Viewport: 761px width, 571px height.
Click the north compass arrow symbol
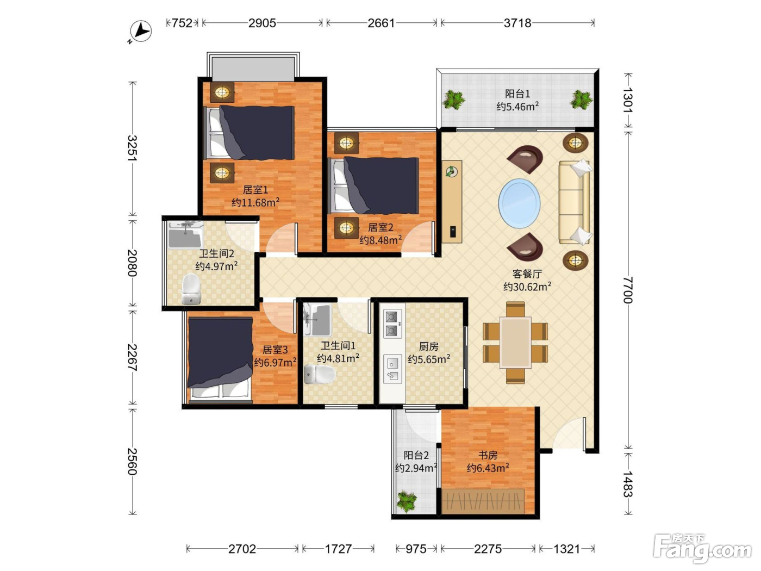coord(141,32)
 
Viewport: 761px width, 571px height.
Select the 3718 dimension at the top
coord(517,23)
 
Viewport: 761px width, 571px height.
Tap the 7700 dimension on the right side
coord(628,290)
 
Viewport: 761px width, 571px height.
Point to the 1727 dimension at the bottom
coord(339,549)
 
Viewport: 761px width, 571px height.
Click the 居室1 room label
coord(255,190)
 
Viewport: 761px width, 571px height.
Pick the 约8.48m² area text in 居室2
coord(380,240)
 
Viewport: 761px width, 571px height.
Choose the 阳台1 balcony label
coord(517,94)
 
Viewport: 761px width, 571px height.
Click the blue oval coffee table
coord(519,203)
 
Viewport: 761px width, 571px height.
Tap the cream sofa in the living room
coord(575,202)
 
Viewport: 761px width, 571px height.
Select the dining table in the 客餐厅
coord(515,343)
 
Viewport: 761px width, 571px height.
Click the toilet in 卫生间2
coord(191,289)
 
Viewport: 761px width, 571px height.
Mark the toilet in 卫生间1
coord(320,375)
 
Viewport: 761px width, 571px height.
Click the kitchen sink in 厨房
coord(392,369)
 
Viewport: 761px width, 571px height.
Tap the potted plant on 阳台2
coord(407,501)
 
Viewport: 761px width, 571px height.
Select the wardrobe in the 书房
coord(483,501)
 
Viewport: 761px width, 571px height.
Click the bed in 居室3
coord(220,360)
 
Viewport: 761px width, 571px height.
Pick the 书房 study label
coord(488,455)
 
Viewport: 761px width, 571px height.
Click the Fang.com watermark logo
coord(702,548)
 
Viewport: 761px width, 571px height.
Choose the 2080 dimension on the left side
coord(133,263)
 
